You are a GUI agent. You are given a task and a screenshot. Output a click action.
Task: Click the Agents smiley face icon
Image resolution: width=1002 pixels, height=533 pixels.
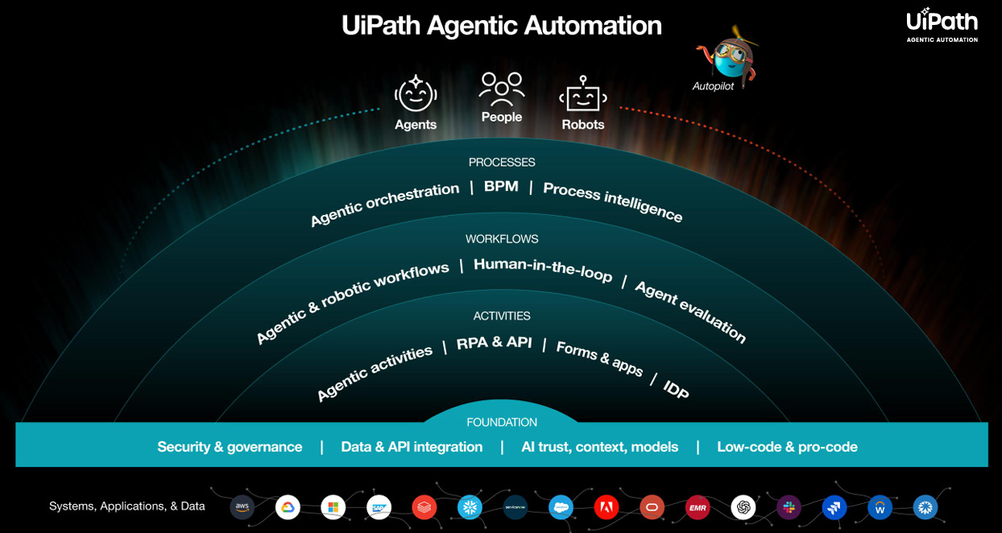[x=416, y=95]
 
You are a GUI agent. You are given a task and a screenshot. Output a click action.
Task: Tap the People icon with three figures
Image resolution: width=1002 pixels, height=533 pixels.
[x=501, y=89]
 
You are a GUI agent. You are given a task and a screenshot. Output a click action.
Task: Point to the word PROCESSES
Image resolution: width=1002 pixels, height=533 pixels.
[x=502, y=163]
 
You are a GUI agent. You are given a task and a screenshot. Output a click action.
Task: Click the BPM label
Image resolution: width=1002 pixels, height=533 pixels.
[x=501, y=187]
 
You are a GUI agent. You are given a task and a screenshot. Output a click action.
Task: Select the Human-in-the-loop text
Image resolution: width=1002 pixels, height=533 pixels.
[x=543, y=270]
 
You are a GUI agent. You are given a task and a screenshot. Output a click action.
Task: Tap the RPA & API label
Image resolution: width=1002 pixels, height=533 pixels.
[x=494, y=342]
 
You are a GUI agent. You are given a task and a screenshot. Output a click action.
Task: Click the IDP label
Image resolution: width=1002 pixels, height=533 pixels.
[x=676, y=389]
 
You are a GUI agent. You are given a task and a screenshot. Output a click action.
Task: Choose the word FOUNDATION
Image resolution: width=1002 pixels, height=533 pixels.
[x=502, y=423]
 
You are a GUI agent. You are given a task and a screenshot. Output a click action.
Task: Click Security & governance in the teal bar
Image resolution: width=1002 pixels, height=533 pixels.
[x=230, y=447]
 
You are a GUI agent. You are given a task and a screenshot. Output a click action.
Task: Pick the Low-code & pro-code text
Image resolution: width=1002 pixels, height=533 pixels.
[x=787, y=447]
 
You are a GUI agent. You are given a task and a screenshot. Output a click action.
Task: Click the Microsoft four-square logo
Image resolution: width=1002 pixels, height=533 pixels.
[x=333, y=507]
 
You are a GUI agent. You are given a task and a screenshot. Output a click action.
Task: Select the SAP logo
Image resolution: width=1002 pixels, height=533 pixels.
[x=379, y=507]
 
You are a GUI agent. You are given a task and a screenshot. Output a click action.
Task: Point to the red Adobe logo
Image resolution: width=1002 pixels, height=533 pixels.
[x=606, y=507]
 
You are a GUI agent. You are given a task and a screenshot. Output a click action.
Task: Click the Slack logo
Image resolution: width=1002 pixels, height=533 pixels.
[x=789, y=507]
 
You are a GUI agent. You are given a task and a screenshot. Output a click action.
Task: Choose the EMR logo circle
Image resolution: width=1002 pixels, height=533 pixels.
[x=698, y=507]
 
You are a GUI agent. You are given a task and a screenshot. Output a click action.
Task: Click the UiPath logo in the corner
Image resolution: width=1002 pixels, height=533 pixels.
[x=942, y=24]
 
